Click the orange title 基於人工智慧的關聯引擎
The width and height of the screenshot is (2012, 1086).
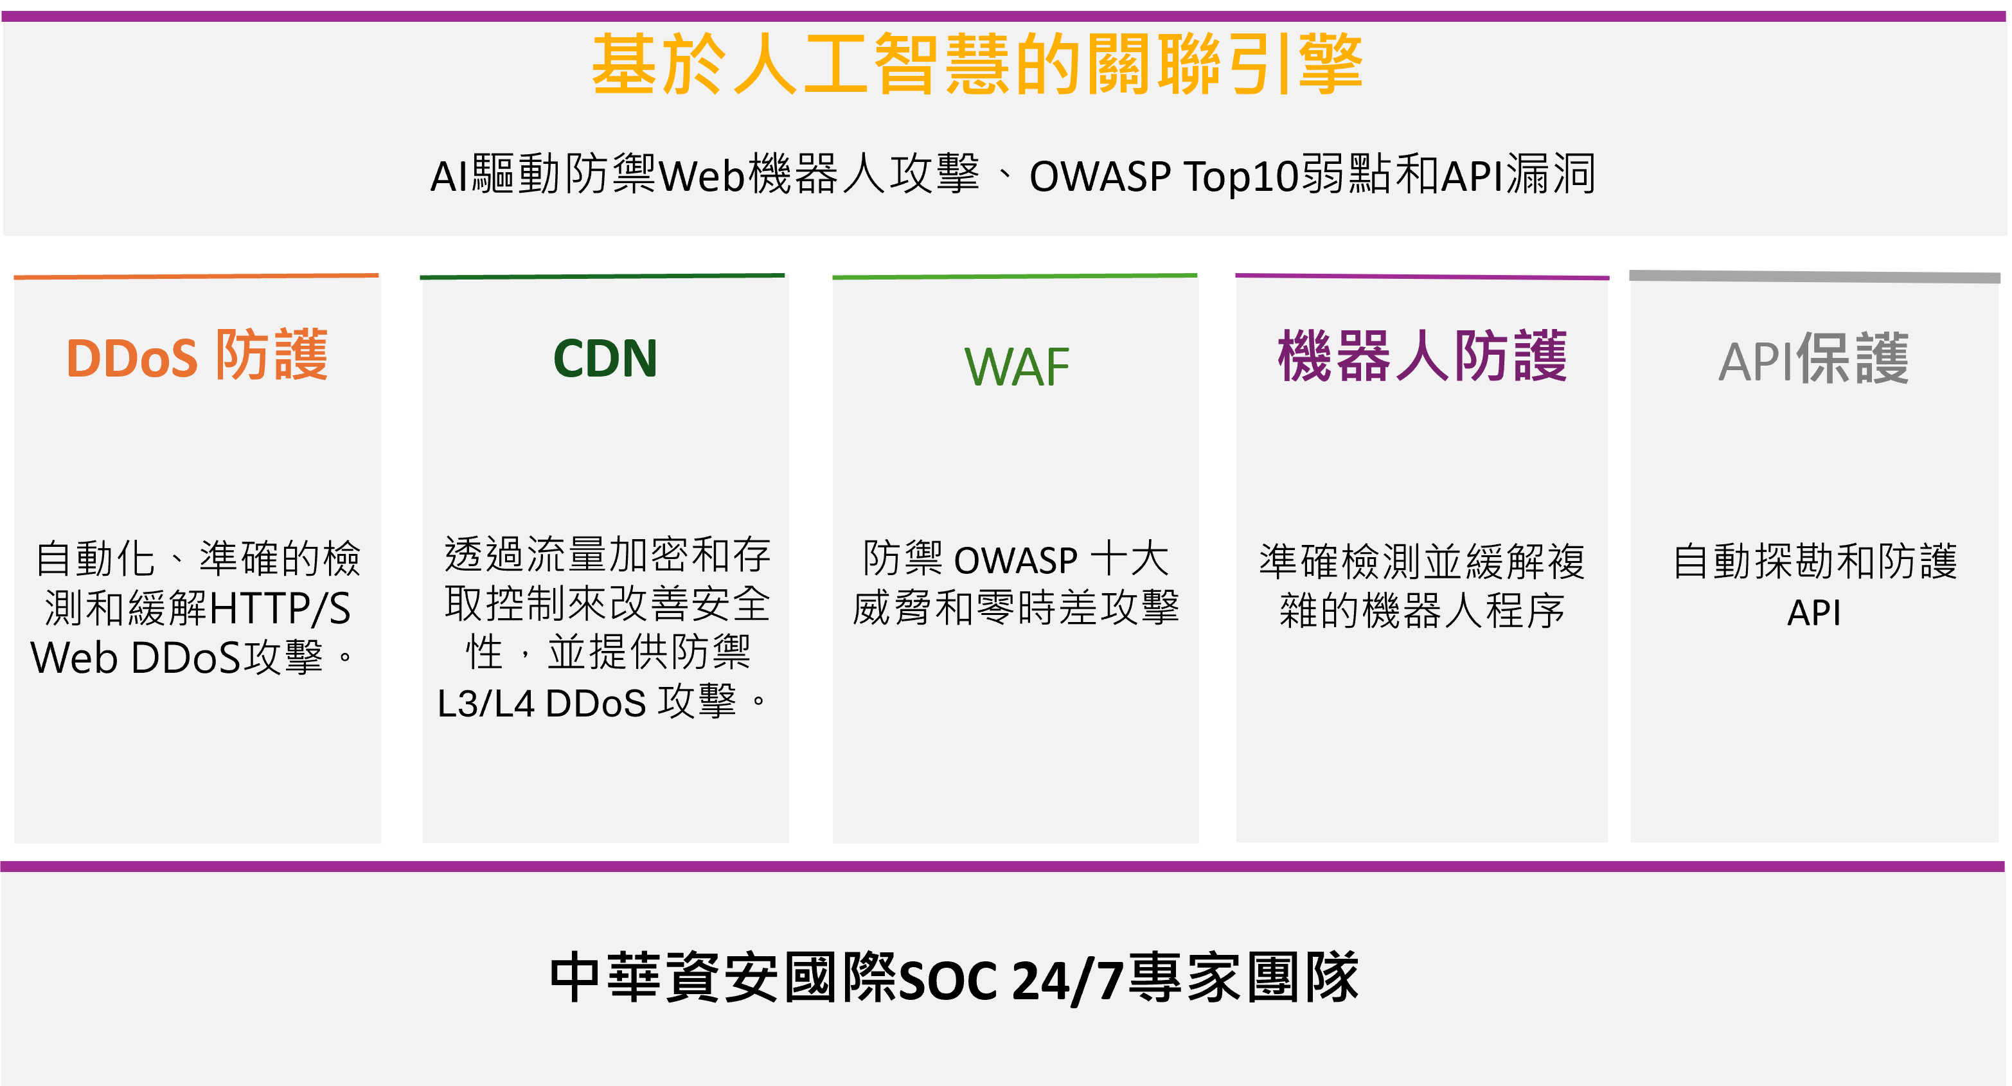click(x=977, y=64)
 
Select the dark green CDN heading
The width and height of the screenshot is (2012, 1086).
click(x=605, y=359)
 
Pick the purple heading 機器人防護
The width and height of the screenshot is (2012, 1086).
click(x=1422, y=356)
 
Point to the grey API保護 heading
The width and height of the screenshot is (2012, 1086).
click(x=1813, y=359)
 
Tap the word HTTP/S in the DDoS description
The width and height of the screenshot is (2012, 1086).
click(x=280, y=609)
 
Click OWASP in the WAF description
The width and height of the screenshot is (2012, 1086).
click(x=1016, y=560)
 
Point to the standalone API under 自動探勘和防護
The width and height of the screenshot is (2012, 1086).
click(x=1813, y=612)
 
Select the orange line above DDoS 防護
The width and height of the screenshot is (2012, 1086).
click(x=196, y=276)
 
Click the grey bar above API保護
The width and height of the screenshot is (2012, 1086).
click(x=1814, y=276)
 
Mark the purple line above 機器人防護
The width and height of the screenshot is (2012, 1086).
click(x=1422, y=276)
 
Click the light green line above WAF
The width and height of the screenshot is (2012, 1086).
click(x=1015, y=276)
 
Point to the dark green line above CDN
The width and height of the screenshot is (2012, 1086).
click(x=602, y=276)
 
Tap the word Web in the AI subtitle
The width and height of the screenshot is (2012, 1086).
click(x=701, y=176)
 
